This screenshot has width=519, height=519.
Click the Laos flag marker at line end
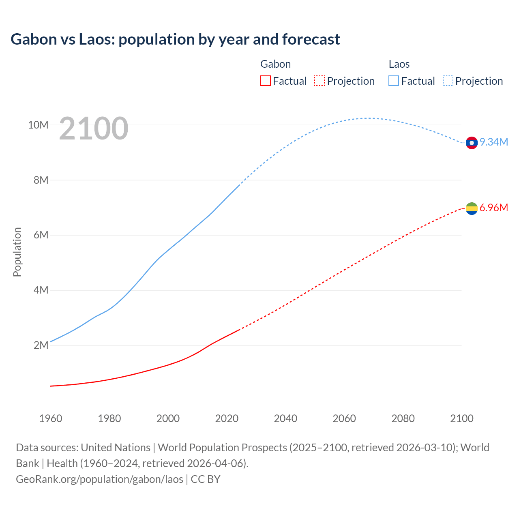tap(472, 143)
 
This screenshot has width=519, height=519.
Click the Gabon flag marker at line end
tap(472, 208)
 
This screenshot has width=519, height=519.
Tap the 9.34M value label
tap(494, 142)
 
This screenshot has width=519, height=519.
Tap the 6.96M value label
tap(494, 208)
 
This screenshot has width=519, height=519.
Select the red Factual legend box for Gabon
tap(265, 81)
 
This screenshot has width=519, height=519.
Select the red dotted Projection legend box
tap(320, 81)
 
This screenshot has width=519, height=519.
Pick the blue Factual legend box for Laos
tap(393, 81)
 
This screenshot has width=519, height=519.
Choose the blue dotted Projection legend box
tap(448, 81)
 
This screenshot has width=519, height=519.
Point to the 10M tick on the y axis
tap(38, 125)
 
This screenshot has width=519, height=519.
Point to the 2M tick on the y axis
tap(41, 345)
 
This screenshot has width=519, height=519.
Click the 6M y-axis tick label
tap(41, 235)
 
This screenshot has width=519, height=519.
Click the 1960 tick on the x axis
tap(51, 418)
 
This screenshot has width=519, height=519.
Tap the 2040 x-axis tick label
tap(285, 418)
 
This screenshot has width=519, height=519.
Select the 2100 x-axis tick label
tap(461, 418)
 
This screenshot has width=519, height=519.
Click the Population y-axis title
tap(17, 252)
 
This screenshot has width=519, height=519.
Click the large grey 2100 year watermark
tap(94, 129)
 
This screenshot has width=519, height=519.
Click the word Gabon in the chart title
tap(34, 39)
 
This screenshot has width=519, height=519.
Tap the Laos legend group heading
tap(399, 64)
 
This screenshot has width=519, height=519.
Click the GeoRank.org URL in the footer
tap(99, 479)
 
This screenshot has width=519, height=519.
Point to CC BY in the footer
tap(206, 479)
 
